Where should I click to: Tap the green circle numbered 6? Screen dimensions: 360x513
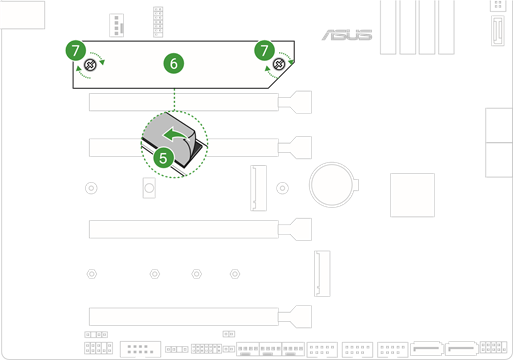(x=174, y=63)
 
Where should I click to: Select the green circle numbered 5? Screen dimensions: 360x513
(x=164, y=157)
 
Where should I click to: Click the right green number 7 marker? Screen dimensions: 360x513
(x=265, y=48)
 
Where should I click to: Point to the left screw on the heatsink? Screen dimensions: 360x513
(x=89, y=64)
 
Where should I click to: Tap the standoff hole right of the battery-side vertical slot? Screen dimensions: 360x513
(x=283, y=188)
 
